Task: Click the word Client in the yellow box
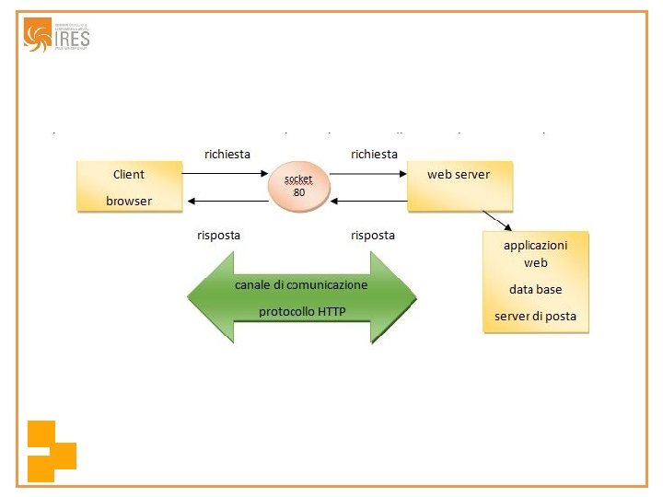(129, 174)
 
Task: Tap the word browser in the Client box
(129, 201)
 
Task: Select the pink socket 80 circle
(298, 187)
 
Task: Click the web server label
(459, 174)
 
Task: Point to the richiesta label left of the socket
(227, 154)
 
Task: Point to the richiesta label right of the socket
(374, 154)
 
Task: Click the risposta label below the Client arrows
(218, 235)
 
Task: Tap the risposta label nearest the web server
(373, 235)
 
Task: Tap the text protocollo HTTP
(302, 312)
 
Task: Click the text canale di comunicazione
(301, 284)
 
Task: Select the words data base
(535, 289)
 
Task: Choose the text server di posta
(535, 317)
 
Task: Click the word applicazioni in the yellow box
(535, 245)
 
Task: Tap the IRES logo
(57, 35)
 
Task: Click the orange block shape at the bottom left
(50, 451)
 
